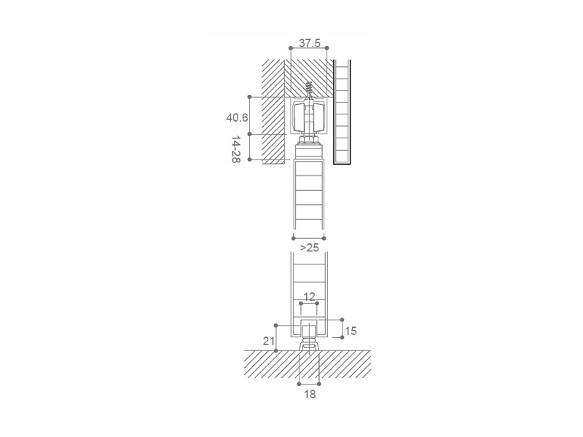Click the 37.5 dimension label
tap(309, 43)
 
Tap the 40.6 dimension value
tap(237, 118)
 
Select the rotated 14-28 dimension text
tap(235, 149)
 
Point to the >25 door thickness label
tap(309, 248)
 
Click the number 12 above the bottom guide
tap(309, 296)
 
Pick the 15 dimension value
tap(351, 331)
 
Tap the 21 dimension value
tap(268, 341)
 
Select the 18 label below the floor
tap(309, 394)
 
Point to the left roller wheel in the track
tap(299, 117)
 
